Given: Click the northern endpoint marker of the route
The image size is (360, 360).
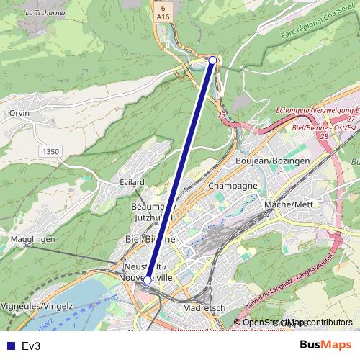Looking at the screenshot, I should [x=212, y=60].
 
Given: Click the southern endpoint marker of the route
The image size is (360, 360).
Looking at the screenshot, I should [x=148, y=279].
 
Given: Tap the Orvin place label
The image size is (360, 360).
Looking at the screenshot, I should [x=19, y=114].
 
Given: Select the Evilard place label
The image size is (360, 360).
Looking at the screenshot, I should [x=132, y=183].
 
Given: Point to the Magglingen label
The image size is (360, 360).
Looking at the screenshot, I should [x=33, y=239].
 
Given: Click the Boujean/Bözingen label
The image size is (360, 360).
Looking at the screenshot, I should [x=273, y=160].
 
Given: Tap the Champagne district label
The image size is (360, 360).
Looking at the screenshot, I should [x=233, y=186].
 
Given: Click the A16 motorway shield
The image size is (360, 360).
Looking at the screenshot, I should [x=163, y=16].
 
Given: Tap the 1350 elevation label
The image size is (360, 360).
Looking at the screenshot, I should [x=50, y=151].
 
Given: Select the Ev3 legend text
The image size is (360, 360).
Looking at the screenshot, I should [x=31, y=346].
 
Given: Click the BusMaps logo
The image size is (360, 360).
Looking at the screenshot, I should [x=325, y=345].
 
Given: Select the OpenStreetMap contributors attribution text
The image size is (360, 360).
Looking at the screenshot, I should [x=297, y=323].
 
